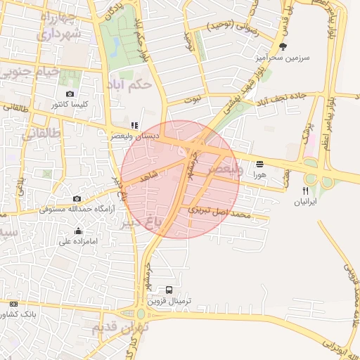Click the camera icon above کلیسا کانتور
70,94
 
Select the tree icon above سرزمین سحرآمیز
283,47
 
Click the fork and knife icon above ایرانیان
306,191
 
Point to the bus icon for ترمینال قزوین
169,289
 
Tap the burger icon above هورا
259,163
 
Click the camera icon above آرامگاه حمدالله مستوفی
77,198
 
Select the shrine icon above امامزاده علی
78,231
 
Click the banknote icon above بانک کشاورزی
13,304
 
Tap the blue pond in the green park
115,46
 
